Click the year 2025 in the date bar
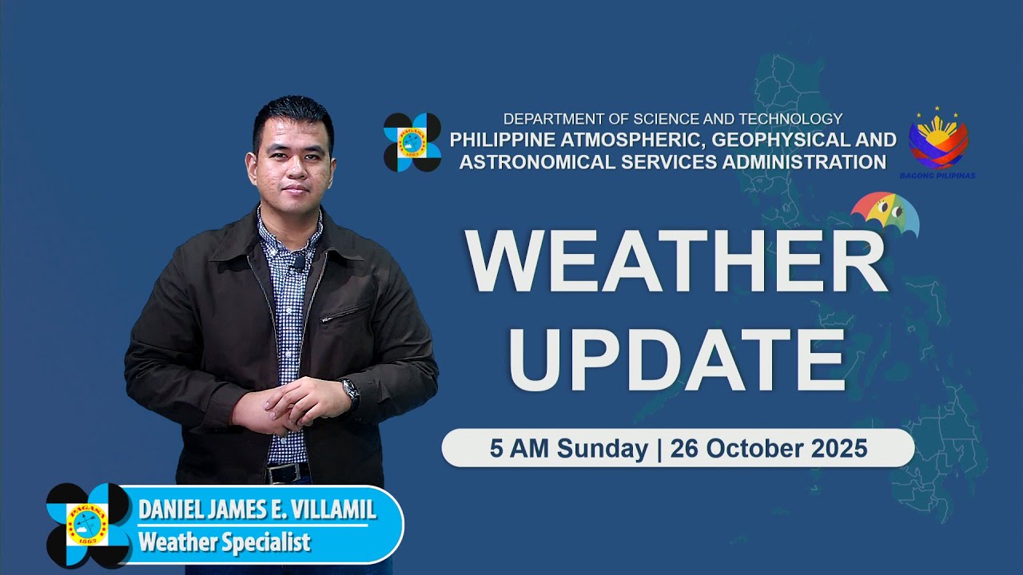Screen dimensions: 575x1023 point(839,449)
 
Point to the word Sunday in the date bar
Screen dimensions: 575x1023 point(603,449)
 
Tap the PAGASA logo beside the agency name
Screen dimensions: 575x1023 point(412,142)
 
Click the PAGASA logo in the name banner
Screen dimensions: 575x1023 point(88,525)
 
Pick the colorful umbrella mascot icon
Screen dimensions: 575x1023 point(885,214)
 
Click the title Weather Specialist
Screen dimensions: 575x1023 point(224,543)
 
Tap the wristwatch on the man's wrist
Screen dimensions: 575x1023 point(350,391)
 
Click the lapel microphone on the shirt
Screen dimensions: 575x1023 point(297,260)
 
